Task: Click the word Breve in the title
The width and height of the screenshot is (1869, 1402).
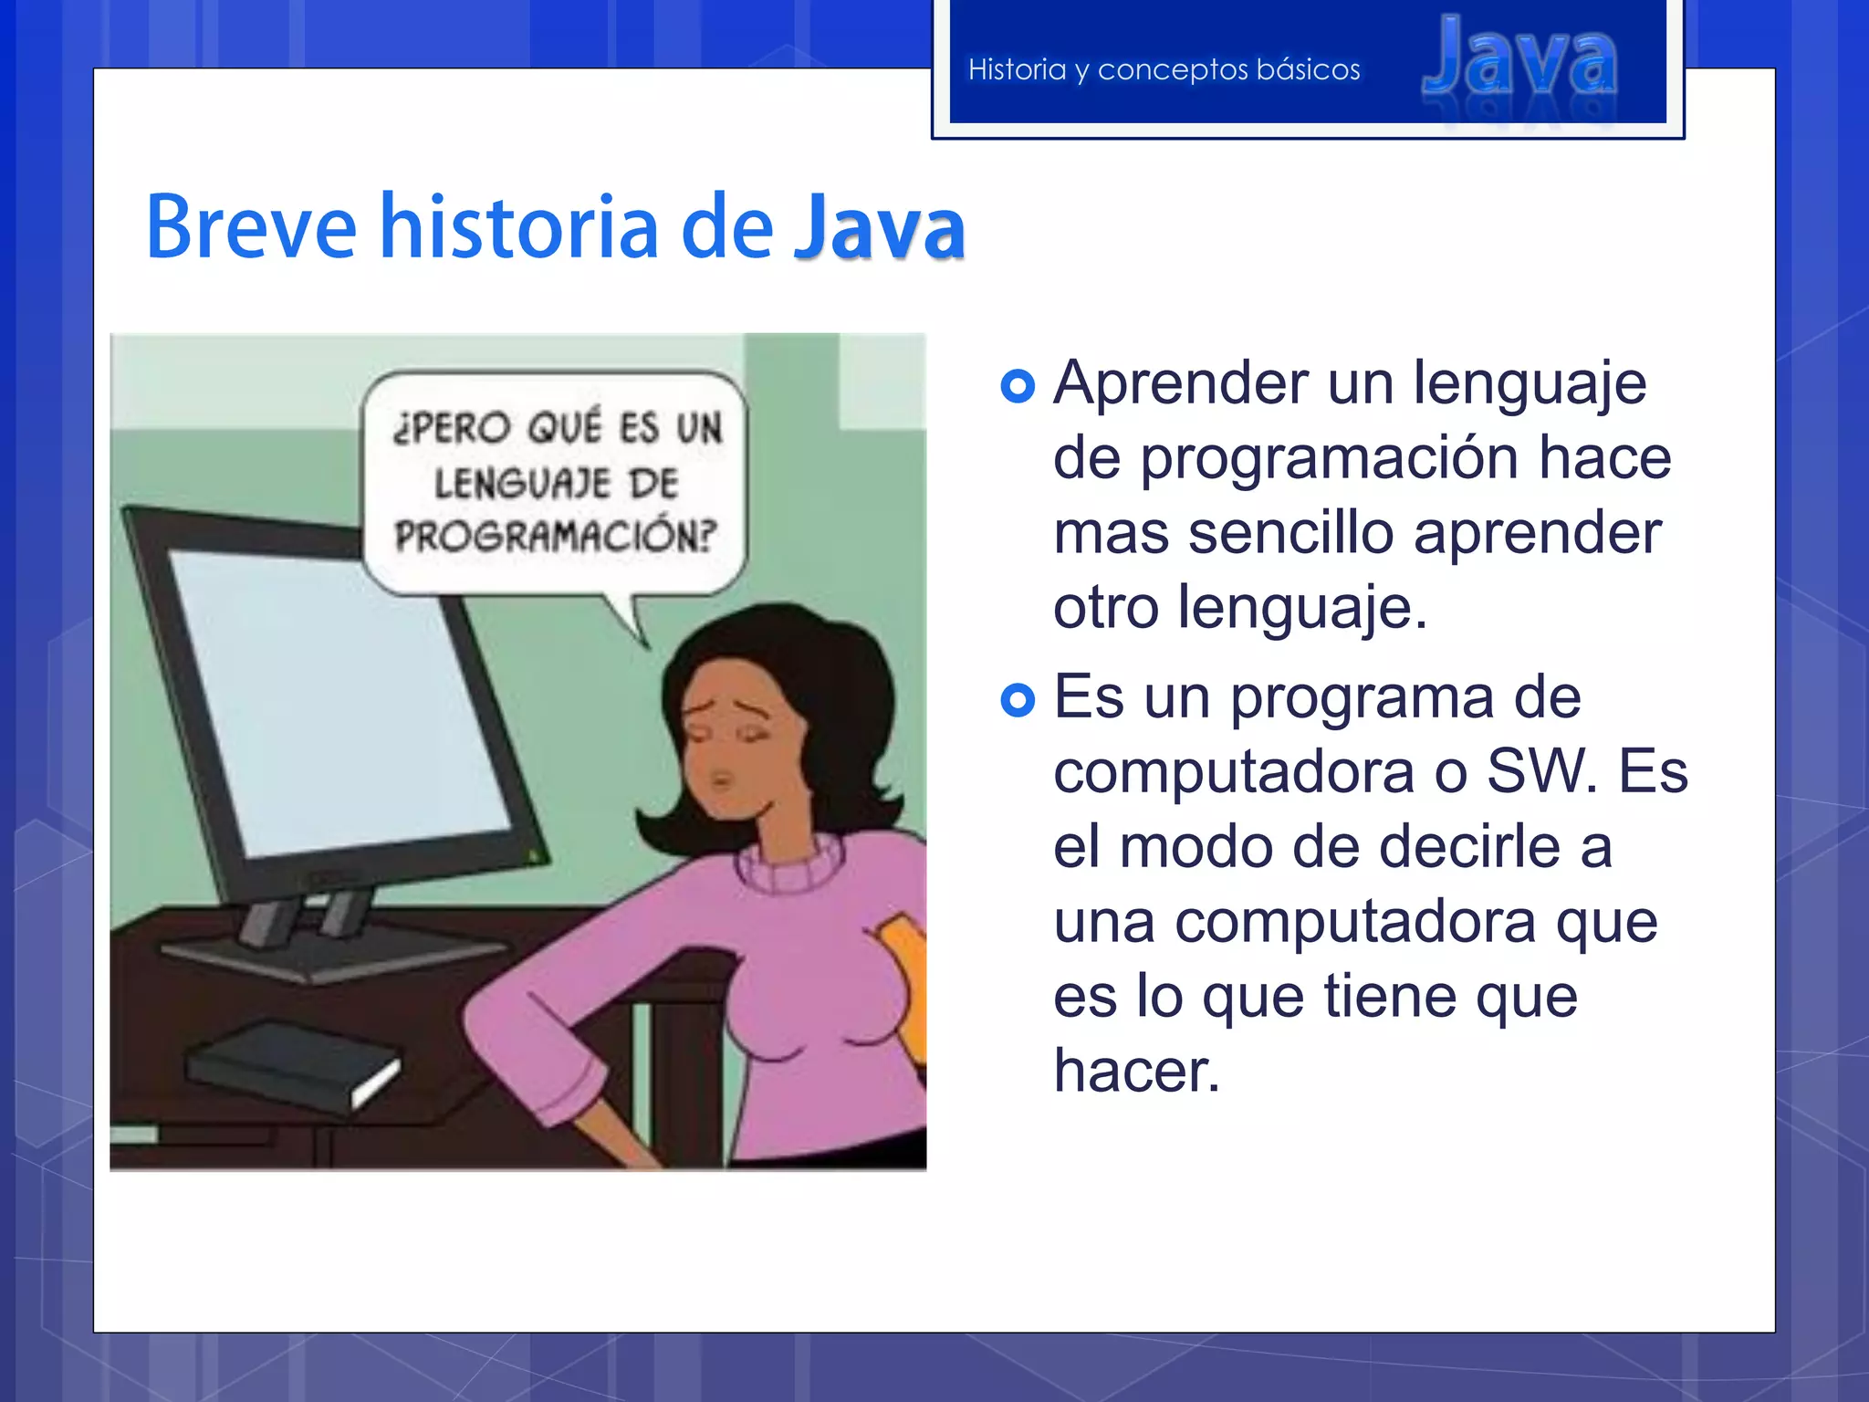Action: pyautogui.click(x=251, y=227)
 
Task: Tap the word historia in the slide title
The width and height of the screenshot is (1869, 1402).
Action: pyautogui.click(x=518, y=227)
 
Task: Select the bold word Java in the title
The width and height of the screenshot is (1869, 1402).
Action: pyautogui.click(x=879, y=227)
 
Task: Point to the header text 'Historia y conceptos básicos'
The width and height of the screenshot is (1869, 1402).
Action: pyautogui.click(x=1164, y=69)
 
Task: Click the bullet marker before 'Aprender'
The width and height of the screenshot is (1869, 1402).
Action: pyautogui.click(x=1018, y=386)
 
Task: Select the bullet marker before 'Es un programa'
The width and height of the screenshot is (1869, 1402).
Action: pyautogui.click(x=1018, y=700)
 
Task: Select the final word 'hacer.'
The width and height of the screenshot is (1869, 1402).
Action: pyautogui.click(x=1136, y=1072)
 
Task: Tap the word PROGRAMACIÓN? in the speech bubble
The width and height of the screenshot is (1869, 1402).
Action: pyautogui.click(x=556, y=536)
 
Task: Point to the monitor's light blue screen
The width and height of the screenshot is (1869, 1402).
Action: pyautogui.click(x=338, y=703)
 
